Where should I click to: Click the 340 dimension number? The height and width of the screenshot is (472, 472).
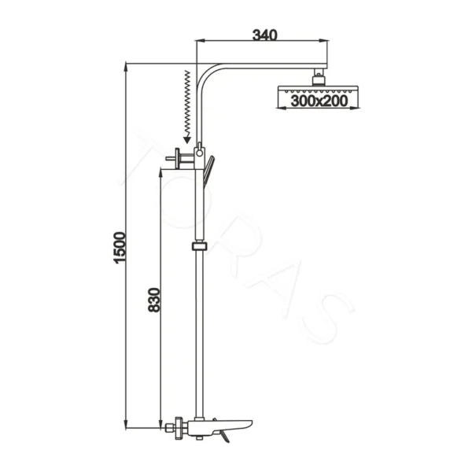point(264,34)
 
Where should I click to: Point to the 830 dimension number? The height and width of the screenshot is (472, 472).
point(154,301)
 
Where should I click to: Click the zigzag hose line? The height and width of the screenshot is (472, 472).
point(187,102)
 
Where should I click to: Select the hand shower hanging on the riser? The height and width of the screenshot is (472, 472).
point(208,170)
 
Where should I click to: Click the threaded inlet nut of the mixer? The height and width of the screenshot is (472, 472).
point(168,429)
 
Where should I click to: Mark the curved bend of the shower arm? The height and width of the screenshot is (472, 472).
point(208,76)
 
